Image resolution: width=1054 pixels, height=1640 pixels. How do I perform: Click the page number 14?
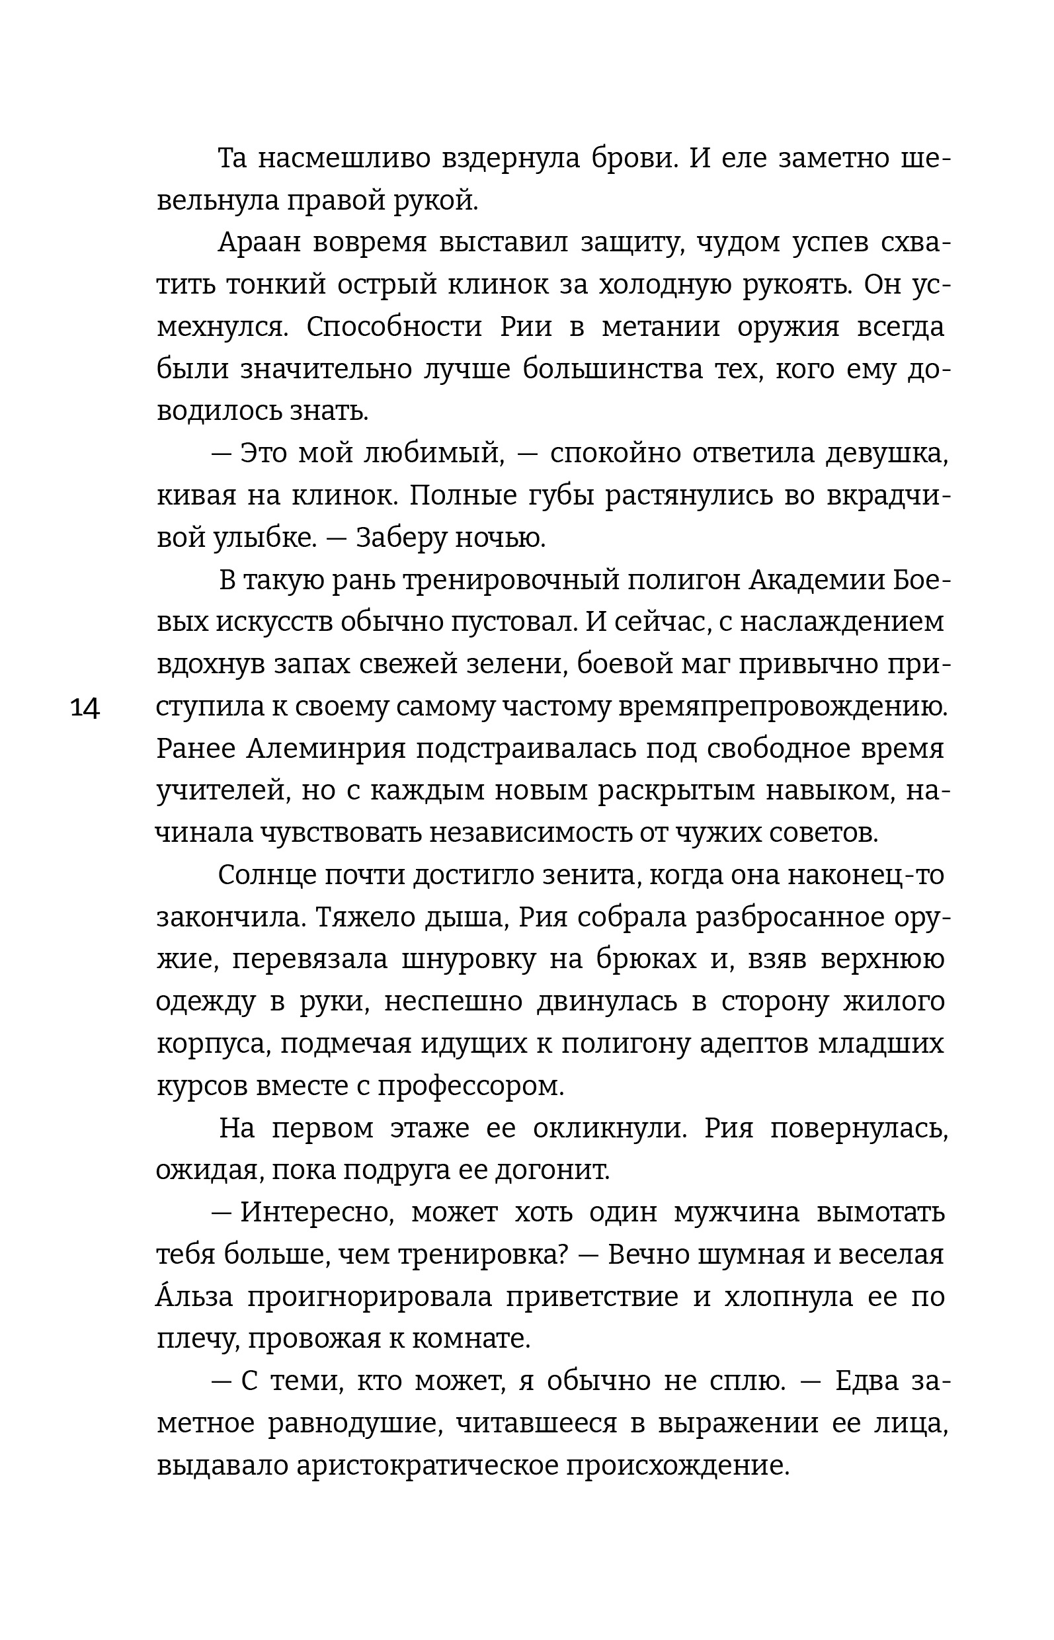tap(85, 708)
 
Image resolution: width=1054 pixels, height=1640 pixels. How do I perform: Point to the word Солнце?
tap(266, 876)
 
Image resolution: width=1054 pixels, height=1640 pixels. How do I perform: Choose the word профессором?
tap(470, 1086)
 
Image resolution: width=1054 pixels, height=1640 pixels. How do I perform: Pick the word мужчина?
tap(737, 1213)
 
